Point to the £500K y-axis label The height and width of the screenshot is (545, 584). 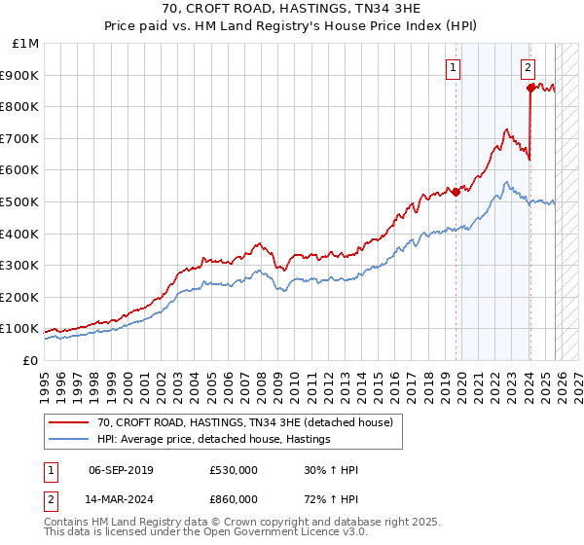point(20,201)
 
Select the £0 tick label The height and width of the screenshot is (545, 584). point(30,360)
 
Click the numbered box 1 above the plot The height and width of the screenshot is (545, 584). point(455,67)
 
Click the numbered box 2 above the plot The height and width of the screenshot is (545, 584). point(527,67)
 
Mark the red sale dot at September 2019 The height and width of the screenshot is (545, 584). point(456,192)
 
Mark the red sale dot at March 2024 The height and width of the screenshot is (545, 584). point(530,88)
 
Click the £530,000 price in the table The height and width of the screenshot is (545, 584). point(234,470)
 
